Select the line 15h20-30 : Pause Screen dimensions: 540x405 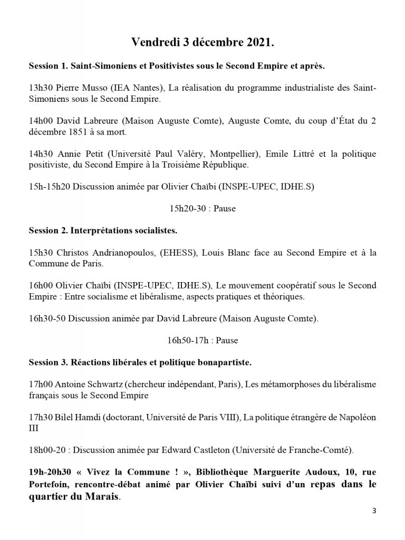tap(202, 209)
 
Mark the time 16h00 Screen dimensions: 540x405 tap(41, 286)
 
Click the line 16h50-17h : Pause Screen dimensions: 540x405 tap(202, 341)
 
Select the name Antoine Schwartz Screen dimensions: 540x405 tap(90, 385)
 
